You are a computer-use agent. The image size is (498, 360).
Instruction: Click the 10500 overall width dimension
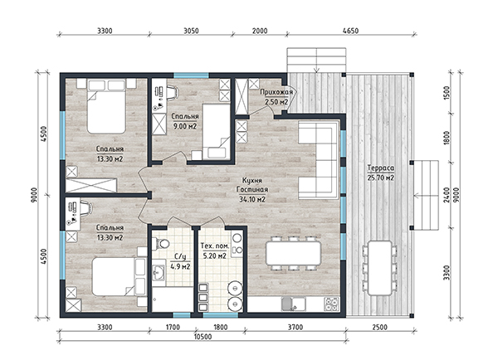[203, 337]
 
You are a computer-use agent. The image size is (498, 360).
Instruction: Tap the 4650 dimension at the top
[350, 31]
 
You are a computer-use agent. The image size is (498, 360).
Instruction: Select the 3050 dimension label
[191, 31]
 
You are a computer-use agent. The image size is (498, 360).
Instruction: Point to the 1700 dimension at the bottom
[173, 327]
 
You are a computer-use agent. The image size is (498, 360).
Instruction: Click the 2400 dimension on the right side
[447, 195]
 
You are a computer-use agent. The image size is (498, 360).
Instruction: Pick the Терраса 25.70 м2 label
[381, 173]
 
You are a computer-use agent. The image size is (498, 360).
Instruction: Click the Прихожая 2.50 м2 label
[276, 97]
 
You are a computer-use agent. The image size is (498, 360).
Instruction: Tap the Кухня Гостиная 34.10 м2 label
[252, 190]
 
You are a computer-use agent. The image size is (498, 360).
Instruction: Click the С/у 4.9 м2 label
[180, 261]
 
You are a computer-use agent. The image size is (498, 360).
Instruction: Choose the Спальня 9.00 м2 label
[185, 121]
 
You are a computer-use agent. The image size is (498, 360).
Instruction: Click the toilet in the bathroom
[161, 244]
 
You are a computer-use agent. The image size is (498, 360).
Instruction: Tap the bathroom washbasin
[159, 272]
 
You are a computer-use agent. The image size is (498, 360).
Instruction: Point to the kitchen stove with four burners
[331, 304]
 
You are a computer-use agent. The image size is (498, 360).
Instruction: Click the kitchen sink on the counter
[293, 304]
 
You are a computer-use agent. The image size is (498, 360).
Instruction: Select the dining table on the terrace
[380, 268]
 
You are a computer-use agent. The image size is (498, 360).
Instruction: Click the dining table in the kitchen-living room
[293, 253]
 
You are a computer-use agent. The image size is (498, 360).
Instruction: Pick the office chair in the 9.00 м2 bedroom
[173, 92]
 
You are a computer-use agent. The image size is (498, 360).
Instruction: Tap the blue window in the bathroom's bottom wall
[181, 315]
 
